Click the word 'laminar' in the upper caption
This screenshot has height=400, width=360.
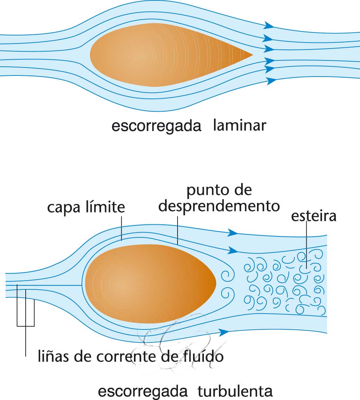point(239,125)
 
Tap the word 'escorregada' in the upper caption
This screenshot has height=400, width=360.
point(156,126)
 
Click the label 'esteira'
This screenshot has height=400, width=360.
point(314,216)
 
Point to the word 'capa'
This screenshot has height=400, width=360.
point(62,208)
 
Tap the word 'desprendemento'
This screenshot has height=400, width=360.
point(219,206)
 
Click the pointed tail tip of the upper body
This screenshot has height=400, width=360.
point(252,55)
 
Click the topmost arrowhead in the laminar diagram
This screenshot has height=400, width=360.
point(269,25)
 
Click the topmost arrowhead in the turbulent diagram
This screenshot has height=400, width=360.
point(233,232)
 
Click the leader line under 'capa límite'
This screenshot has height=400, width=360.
point(121,228)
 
